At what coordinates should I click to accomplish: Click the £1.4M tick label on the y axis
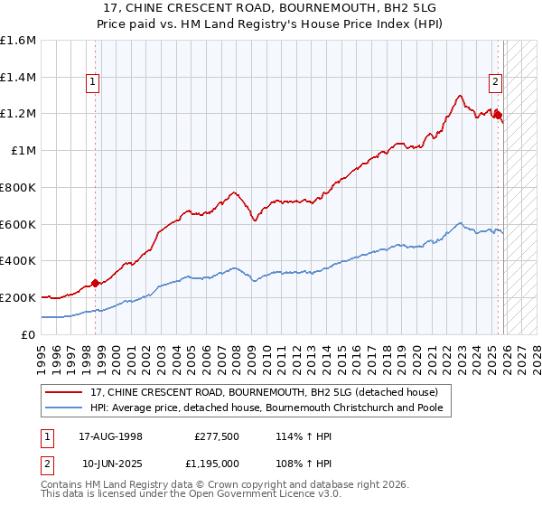[x=18, y=78]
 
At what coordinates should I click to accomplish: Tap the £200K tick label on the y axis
[x=18, y=297]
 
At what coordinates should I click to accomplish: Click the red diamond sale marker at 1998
[x=95, y=283]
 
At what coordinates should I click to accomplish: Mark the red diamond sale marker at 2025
[x=498, y=115]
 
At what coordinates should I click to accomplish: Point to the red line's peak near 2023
[x=460, y=95]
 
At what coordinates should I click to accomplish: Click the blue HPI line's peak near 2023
[x=460, y=222]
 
